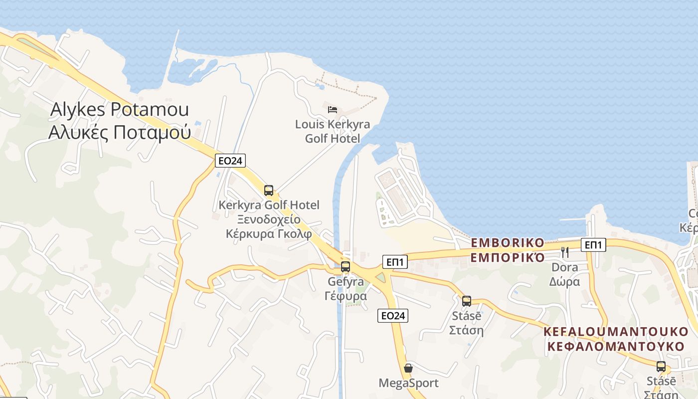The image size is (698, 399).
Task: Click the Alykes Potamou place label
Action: click(x=119, y=110)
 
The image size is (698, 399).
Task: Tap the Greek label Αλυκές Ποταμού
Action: click(x=119, y=133)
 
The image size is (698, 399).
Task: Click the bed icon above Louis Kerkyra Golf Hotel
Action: click(x=333, y=109)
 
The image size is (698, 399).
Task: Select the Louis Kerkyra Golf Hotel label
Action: click(x=333, y=131)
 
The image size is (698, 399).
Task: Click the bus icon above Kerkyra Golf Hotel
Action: click(x=269, y=190)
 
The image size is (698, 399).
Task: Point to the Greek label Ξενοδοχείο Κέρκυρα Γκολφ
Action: click(x=269, y=226)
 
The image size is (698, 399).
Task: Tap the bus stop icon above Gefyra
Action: click(x=346, y=266)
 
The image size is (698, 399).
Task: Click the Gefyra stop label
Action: click(x=346, y=282)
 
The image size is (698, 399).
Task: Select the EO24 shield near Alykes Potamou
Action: click(x=230, y=160)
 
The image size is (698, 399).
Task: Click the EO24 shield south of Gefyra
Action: click(x=393, y=315)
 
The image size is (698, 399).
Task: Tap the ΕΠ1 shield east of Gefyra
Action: click(x=395, y=261)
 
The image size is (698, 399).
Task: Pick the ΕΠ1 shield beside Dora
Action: click(x=593, y=244)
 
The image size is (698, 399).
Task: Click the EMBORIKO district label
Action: click(x=508, y=243)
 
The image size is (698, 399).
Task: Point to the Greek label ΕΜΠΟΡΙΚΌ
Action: click(x=508, y=257)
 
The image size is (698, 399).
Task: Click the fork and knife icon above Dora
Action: click(x=565, y=252)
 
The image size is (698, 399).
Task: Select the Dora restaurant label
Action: click(x=565, y=267)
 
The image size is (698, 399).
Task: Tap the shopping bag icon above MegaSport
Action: click(x=408, y=368)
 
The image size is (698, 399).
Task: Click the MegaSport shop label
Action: click(x=408, y=383)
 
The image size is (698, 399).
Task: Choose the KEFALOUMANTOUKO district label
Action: click(x=615, y=331)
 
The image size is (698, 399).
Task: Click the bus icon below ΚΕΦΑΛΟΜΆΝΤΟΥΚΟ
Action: click(x=661, y=367)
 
